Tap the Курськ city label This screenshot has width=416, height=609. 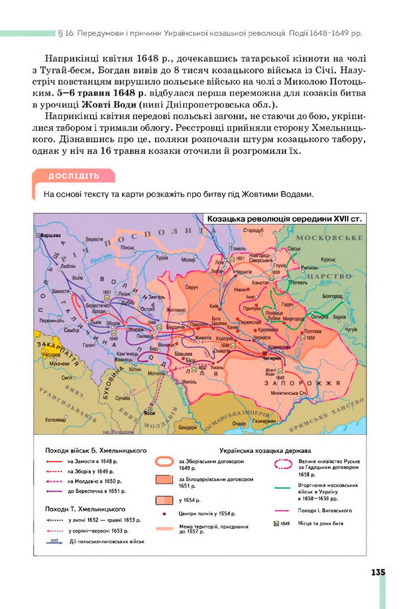327,260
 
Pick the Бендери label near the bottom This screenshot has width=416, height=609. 187,428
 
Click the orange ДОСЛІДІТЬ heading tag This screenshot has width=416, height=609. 74,176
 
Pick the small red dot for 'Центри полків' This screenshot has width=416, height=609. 164,514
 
